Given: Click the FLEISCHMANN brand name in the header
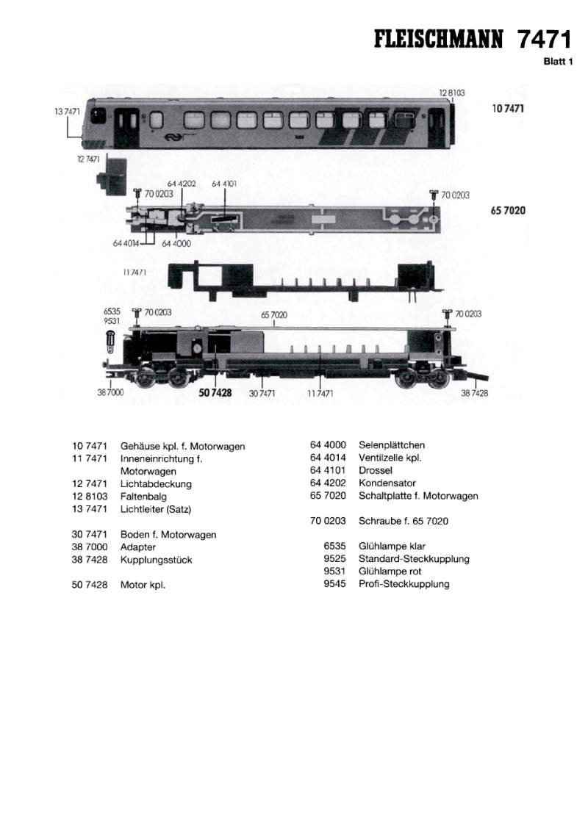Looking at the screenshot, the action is pos(438,40).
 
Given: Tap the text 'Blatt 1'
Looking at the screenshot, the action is pos(558,61).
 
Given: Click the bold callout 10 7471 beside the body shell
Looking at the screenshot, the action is pos(508,109).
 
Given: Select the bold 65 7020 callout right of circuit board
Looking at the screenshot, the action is pos(508,210).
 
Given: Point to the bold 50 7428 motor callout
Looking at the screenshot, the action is pos(215,392).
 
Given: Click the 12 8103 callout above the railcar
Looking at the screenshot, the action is pos(452,93).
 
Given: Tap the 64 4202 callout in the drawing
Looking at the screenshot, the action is pos(182,184).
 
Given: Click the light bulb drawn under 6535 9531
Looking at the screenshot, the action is pos(110,341).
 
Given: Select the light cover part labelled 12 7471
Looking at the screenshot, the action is pos(112,176).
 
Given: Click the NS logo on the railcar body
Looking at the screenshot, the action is pos(171,137).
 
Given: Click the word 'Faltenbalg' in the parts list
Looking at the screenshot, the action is pos(143,497).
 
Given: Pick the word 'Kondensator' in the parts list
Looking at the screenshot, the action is pos(387,483).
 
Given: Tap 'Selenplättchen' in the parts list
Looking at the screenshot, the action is pos(392,445).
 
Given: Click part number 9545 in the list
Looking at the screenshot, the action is pos(334,584).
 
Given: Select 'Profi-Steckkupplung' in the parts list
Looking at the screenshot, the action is pos(404,584).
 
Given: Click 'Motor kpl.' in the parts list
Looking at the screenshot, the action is pos(143,585).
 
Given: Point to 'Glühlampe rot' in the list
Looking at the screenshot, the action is pos(390,571).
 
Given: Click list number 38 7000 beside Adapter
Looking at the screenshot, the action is pos(90,547).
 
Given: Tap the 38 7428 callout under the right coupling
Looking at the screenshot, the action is pos(474,393).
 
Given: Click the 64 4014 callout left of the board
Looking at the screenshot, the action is pos(126,243).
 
